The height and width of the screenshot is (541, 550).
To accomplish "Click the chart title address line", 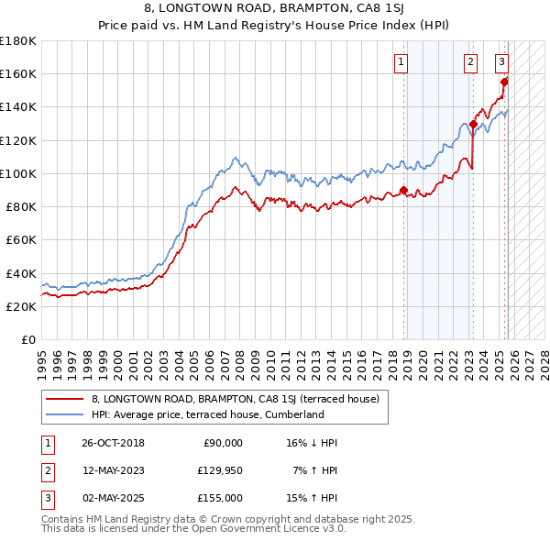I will click(275, 10).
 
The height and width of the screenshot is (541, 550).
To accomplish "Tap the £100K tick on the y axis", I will click(18, 173).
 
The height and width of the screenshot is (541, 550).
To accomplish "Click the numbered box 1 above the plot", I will click(401, 62).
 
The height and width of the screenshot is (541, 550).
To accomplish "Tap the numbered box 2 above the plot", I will click(470, 62).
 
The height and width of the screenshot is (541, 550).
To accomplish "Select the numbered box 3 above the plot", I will click(502, 62).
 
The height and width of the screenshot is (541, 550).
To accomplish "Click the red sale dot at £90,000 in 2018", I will click(404, 191).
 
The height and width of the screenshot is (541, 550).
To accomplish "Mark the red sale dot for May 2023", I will click(473, 125).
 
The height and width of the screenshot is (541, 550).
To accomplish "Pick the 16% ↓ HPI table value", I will click(312, 443).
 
